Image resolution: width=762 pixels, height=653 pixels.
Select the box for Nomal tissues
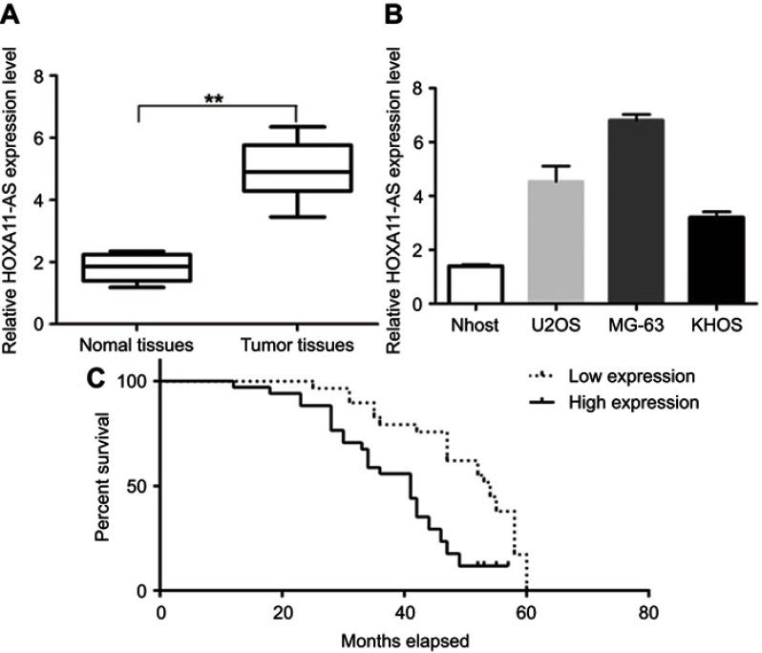138,267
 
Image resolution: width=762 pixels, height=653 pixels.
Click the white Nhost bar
475,284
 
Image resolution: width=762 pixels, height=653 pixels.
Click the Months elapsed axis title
406,640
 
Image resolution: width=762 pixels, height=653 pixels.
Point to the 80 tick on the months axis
648,611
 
